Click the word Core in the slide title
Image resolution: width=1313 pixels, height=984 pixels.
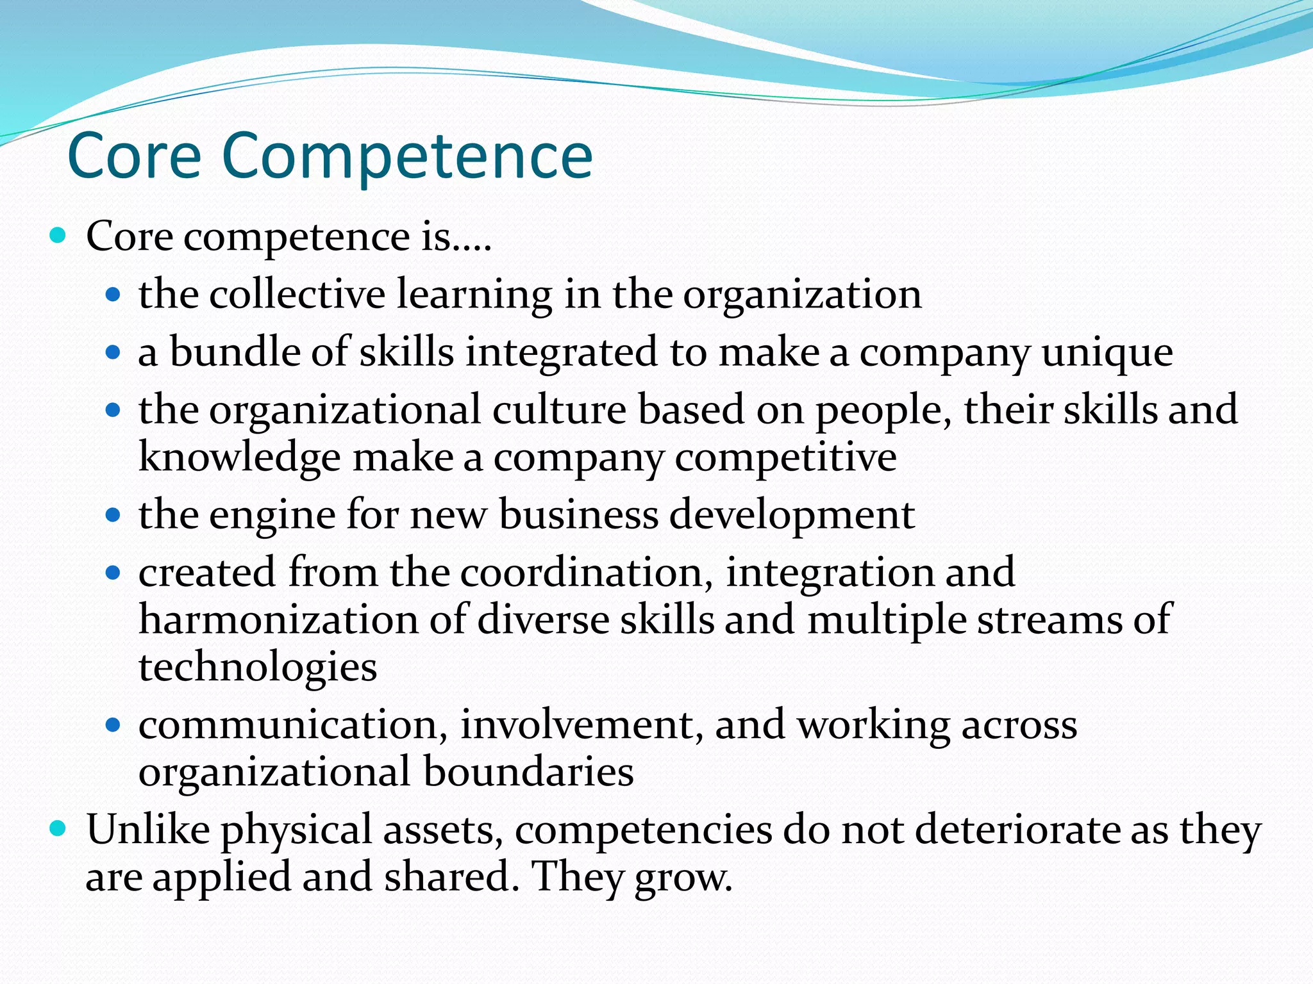[x=134, y=156]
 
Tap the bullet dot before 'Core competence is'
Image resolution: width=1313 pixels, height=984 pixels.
[x=58, y=236]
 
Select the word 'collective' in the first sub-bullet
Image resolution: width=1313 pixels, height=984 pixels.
[x=297, y=294]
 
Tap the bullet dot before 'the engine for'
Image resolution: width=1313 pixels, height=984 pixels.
[x=113, y=514]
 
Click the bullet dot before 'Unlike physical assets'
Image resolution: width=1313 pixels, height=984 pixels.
[x=58, y=828]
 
